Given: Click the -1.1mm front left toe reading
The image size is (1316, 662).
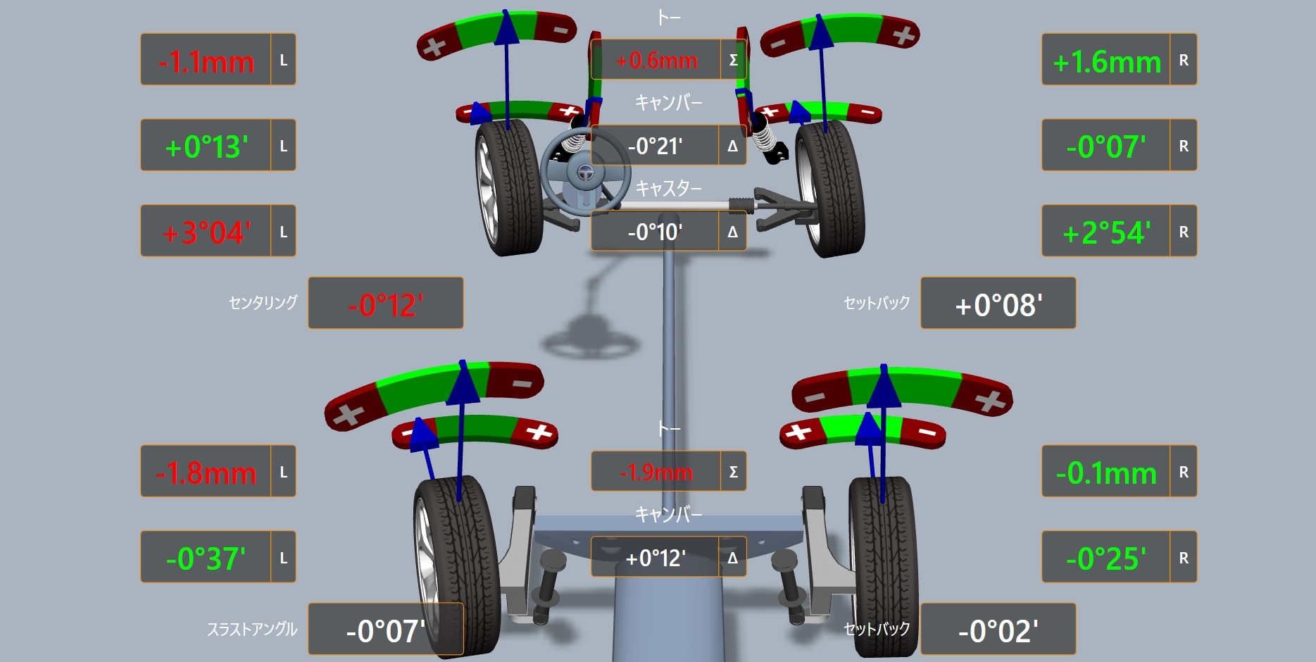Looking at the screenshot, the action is [206, 62].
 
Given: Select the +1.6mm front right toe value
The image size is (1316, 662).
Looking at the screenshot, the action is [1107, 62].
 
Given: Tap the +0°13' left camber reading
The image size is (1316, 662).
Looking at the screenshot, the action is [206, 147].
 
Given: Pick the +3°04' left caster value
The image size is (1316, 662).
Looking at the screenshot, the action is [206, 232].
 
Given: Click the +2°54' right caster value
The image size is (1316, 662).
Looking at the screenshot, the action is [1107, 232].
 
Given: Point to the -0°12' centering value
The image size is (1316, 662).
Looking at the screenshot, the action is [386, 305].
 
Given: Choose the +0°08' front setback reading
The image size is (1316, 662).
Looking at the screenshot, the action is [998, 305].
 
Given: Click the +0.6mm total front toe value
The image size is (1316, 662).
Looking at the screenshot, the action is [656, 61].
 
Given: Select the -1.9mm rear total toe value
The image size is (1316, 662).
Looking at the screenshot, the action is [656, 472].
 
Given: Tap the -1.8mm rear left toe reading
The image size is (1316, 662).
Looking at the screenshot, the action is [206, 473].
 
